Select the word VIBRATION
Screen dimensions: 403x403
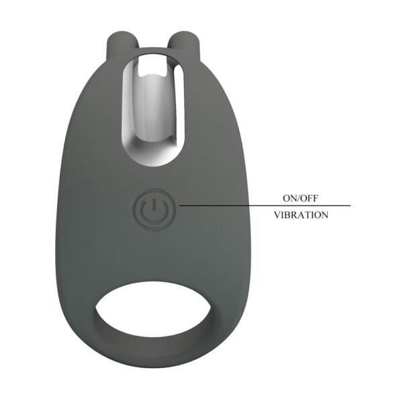[301, 216]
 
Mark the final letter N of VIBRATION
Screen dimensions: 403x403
[324, 216]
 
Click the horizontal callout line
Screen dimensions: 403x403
[262, 206]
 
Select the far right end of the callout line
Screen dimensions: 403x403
[349, 206]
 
